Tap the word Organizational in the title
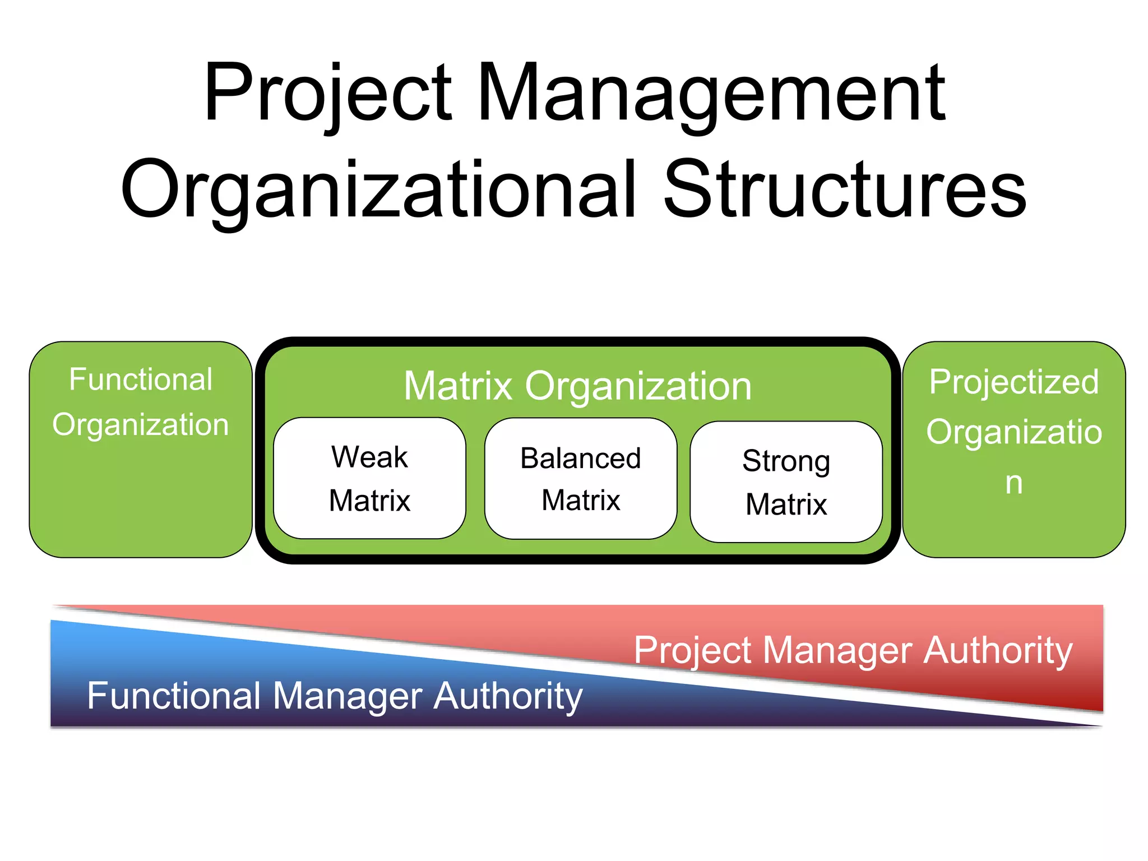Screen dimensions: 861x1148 click(x=378, y=189)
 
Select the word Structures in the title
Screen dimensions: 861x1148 click(x=845, y=189)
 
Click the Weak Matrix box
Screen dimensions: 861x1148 click(x=369, y=478)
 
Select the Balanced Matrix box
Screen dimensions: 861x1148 click(x=581, y=478)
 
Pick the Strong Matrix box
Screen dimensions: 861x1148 click(x=786, y=482)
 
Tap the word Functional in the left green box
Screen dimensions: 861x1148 click(x=141, y=379)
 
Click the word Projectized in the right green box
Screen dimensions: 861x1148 click(x=1013, y=382)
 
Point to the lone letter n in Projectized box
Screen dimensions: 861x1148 click(x=1013, y=483)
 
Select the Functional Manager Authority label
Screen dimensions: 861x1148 click(x=335, y=696)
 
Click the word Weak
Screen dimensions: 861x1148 click(x=369, y=456)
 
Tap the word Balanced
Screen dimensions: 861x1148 click(x=581, y=458)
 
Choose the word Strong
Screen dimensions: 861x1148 click(x=786, y=461)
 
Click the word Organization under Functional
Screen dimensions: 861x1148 click(x=141, y=424)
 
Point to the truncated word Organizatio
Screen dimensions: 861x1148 click(x=1013, y=432)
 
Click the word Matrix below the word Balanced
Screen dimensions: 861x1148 click(x=581, y=500)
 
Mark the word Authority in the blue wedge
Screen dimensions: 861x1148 click(x=508, y=696)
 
